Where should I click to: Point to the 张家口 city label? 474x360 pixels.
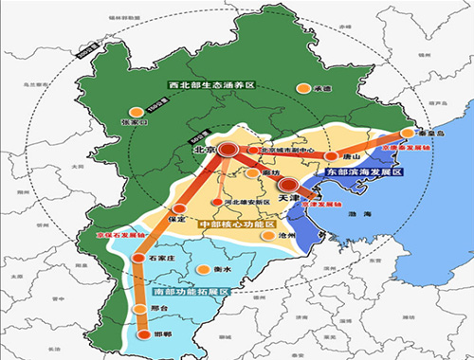coord(136,122)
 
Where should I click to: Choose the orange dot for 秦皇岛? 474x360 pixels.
coord(408,134)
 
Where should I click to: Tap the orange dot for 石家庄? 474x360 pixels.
coord(142,257)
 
